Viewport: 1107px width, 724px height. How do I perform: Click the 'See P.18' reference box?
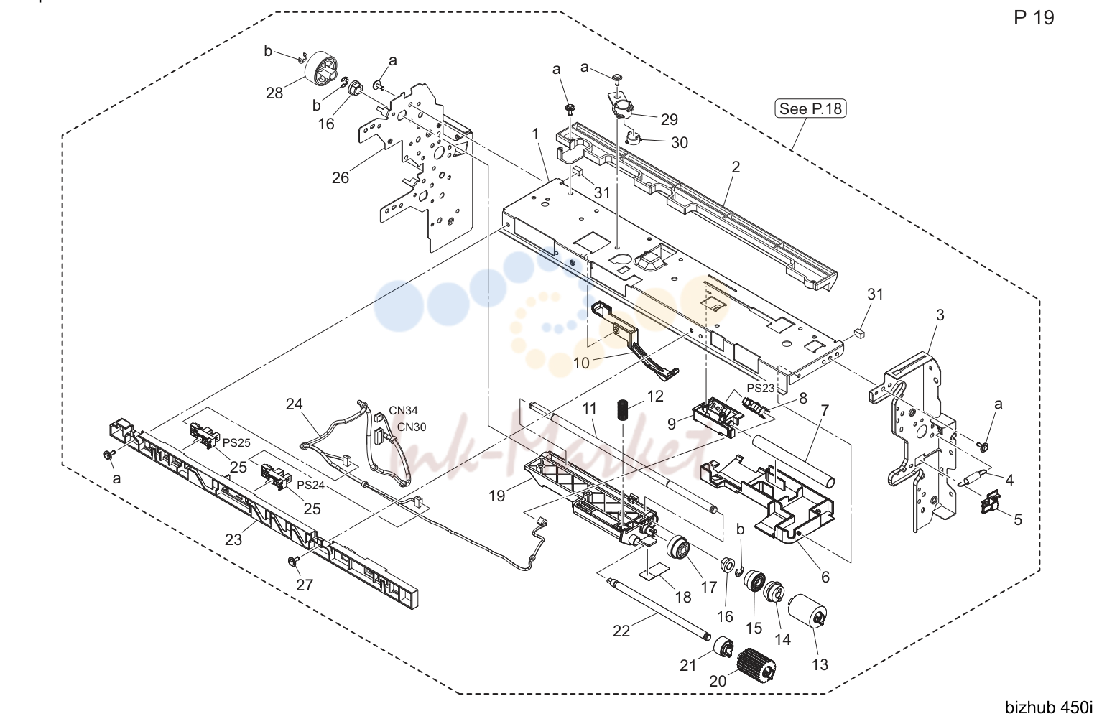810,108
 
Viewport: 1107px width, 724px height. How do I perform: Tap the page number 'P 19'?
1034,18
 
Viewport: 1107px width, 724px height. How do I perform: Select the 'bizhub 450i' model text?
1049,707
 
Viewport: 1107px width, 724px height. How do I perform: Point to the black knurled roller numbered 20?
756,665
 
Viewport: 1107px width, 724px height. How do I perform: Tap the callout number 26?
340,177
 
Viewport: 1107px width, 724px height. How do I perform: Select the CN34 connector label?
403,410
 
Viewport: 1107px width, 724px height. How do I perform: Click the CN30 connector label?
412,427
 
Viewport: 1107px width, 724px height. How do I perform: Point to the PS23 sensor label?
761,388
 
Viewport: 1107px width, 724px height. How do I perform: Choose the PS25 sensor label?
237,442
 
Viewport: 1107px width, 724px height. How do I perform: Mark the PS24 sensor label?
310,485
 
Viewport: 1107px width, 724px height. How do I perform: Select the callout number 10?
581,363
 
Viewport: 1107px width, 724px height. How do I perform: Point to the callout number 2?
736,167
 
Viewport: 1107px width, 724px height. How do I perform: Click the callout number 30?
680,142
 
